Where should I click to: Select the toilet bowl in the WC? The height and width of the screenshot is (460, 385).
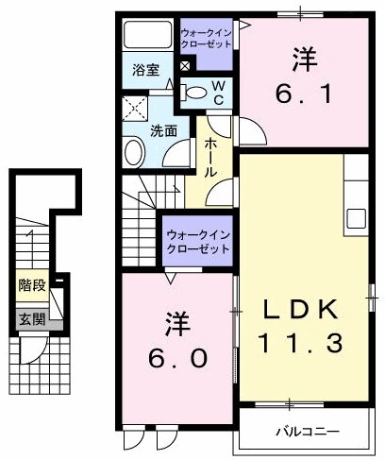coord(193,93)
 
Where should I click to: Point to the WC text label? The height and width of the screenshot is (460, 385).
coord(216,92)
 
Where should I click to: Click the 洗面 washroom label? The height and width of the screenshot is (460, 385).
coord(163,130)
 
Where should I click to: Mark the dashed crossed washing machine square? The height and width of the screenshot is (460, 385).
coord(133,106)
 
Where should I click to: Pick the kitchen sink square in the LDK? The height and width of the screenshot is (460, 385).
coord(357,216)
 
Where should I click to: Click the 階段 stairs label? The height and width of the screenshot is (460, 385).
coord(30,283)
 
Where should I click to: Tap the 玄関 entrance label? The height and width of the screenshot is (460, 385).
coord(30,319)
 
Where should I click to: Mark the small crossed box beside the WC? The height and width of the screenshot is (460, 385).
coord(183,66)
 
